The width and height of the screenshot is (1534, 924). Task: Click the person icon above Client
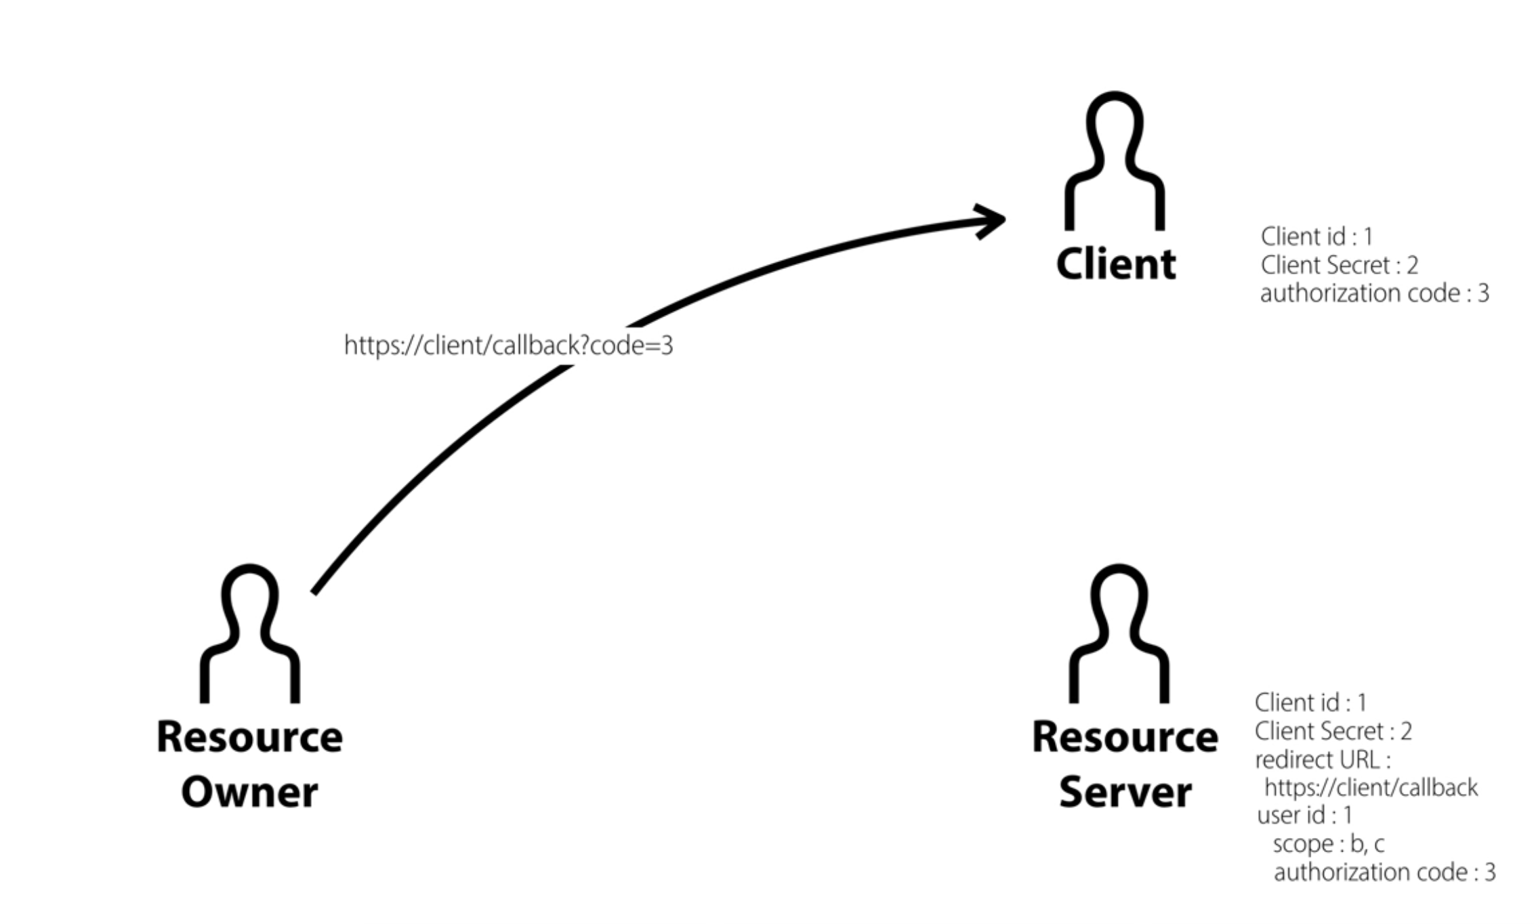(1115, 163)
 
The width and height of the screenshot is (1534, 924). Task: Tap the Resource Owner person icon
(249, 634)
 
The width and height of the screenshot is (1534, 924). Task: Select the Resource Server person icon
(1119, 634)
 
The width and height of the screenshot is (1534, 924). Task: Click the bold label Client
(1116, 264)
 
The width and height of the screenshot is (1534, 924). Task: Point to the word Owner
(249, 792)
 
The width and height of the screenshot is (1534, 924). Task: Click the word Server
(1125, 792)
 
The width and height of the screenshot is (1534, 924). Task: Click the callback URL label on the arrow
(508, 345)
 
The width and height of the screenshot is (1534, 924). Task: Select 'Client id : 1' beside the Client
(1316, 236)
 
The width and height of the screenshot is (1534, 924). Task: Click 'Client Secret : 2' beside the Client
(1339, 265)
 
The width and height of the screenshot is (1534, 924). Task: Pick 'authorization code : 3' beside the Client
(1374, 293)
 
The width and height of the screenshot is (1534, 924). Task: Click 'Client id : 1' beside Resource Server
(1310, 702)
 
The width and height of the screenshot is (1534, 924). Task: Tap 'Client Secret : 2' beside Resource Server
(1333, 732)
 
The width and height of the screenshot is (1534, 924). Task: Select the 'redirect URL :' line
(1322, 760)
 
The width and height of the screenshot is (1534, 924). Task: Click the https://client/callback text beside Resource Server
(1371, 788)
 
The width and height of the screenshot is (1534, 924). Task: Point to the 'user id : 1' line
(1304, 815)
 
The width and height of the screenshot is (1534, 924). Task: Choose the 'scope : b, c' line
(1328, 844)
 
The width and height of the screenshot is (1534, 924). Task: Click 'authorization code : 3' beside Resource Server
(1384, 873)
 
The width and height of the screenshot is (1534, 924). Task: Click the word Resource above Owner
(249, 737)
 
